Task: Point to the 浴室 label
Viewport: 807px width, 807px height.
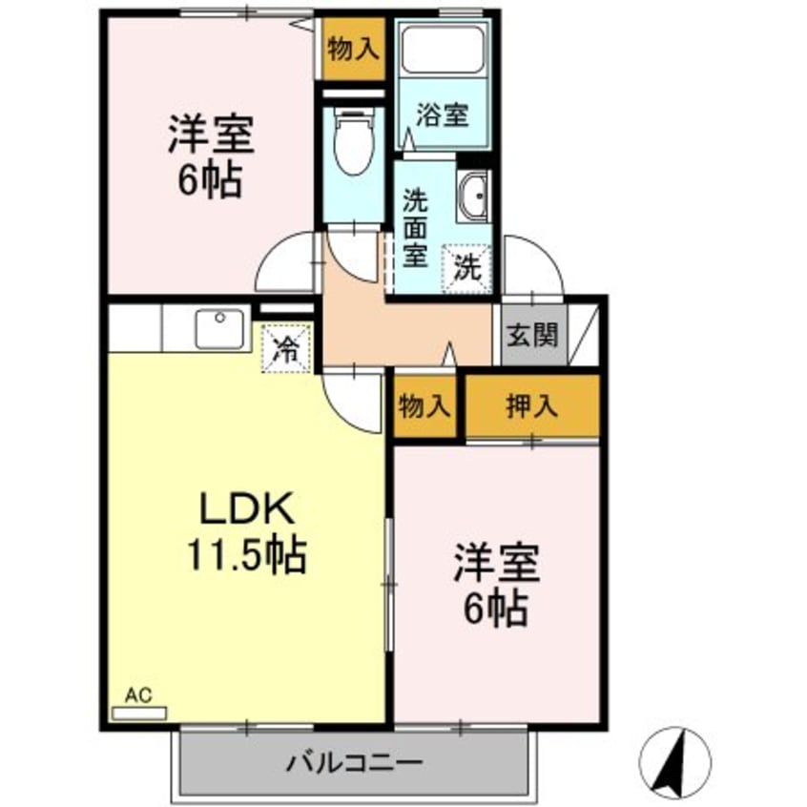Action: click(x=442, y=115)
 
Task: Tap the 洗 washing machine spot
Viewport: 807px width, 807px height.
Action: click(x=466, y=263)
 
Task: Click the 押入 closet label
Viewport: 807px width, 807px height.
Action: click(x=531, y=405)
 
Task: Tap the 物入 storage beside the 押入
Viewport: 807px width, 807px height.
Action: click(x=424, y=405)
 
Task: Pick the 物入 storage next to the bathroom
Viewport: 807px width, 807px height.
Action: click(x=352, y=48)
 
